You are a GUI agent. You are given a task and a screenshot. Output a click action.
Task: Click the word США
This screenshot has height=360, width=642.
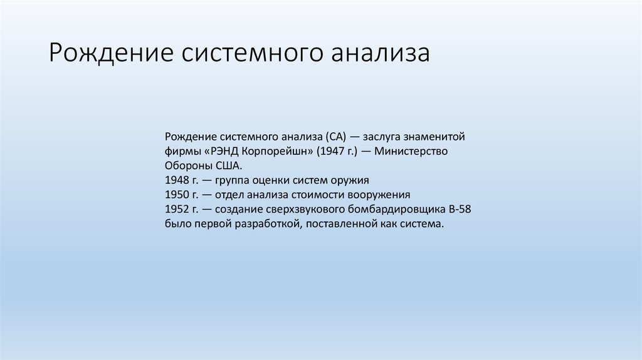click(228, 166)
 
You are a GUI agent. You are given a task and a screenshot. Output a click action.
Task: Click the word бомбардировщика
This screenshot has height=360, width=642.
click(391, 209)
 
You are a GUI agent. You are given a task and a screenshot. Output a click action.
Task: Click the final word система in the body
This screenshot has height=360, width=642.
click(423, 224)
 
